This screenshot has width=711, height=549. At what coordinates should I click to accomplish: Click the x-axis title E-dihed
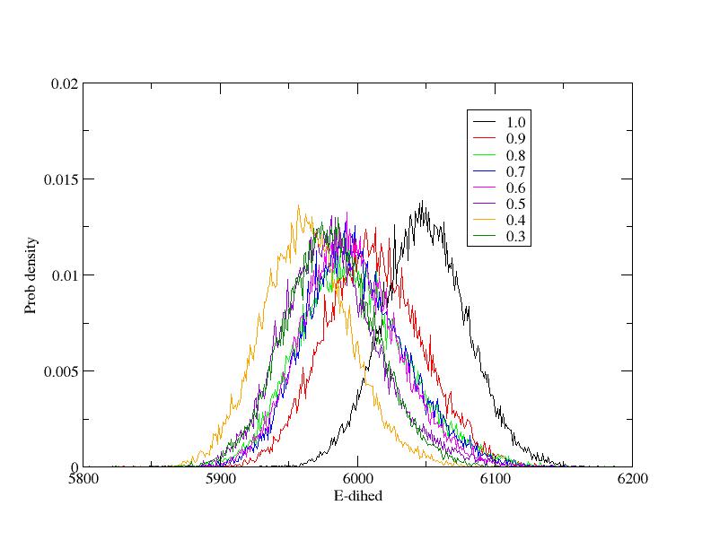click(356, 494)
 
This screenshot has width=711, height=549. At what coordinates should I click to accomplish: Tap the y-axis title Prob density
click(31, 275)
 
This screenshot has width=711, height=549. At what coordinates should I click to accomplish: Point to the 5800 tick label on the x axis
click(83, 479)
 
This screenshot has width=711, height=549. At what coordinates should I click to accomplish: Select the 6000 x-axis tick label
click(357, 479)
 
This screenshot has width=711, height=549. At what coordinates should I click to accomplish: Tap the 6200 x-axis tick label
click(632, 479)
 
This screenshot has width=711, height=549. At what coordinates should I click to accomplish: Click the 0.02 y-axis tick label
click(66, 83)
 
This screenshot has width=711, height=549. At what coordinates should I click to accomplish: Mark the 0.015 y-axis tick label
click(62, 179)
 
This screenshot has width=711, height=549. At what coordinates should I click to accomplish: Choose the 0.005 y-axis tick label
click(62, 371)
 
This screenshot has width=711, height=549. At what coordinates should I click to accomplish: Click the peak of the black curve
click(421, 201)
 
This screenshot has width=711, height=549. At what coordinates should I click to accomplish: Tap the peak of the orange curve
click(299, 205)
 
